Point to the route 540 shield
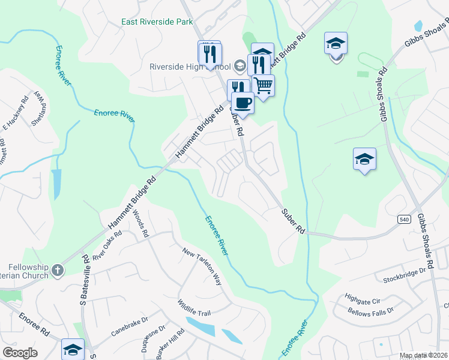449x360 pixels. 403,220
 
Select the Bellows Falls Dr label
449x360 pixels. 370,311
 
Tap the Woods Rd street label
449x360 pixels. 140,224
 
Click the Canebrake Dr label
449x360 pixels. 129,328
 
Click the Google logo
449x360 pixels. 20,352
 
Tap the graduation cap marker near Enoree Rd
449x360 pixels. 73,349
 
